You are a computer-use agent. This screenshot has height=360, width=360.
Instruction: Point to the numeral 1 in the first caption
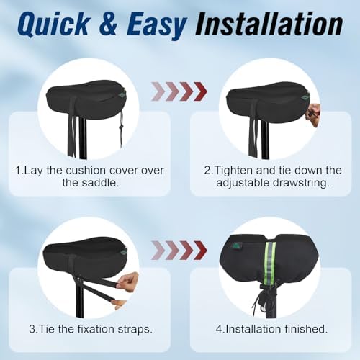[18, 170]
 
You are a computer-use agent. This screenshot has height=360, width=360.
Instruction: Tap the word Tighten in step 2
[238, 170]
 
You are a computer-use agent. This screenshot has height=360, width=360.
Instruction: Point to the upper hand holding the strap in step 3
[128, 279]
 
